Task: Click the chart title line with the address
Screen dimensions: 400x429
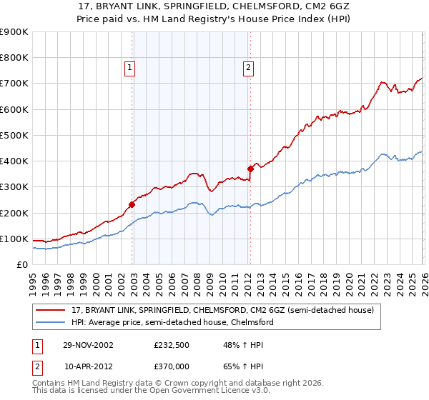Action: click(x=214, y=6)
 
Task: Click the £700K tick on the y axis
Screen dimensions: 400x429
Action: click(x=15, y=84)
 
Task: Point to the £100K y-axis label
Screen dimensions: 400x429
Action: click(x=15, y=239)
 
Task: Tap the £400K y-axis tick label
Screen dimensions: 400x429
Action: click(x=15, y=161)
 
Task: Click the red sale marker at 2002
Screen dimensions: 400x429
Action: click(x=132, y=204)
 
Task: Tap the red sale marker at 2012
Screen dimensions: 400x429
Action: click(x=250, y=169)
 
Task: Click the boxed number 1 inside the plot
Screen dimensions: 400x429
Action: click(x=130, y=68)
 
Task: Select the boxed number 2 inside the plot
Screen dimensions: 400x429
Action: click(x=248, y=68)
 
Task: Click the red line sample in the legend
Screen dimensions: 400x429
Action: click(x=51, y=311)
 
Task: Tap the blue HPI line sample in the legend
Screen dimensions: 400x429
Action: click(x=51, y=323)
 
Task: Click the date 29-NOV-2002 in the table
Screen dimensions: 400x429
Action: click(x=89, y=344)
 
